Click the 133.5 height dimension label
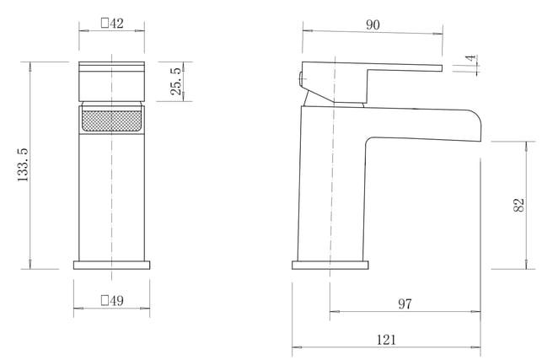[23, 165]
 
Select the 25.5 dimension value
[176, 81]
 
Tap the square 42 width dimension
[112, 24]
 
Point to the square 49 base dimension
[112, 300]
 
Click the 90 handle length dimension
[373, 25]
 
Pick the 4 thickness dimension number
[470, 58]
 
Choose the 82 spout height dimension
[519, 205]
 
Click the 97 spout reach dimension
[405, 304]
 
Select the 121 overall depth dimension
[386, 340]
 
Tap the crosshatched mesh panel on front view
[111, 121]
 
